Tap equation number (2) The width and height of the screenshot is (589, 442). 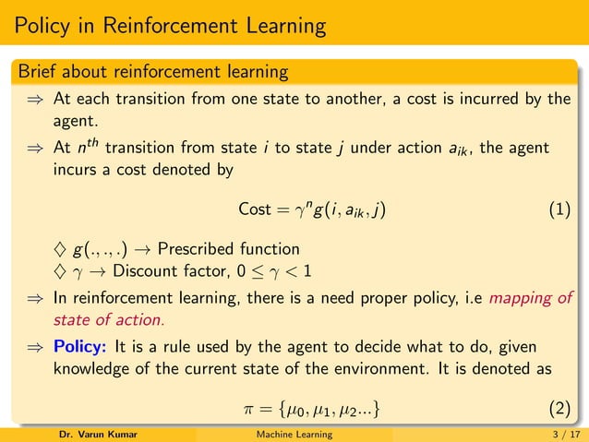point(559,407)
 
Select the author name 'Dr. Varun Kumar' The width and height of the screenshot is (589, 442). point(98,434)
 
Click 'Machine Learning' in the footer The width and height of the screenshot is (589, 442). point(294,434)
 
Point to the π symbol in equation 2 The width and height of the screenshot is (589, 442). point(246,408)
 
